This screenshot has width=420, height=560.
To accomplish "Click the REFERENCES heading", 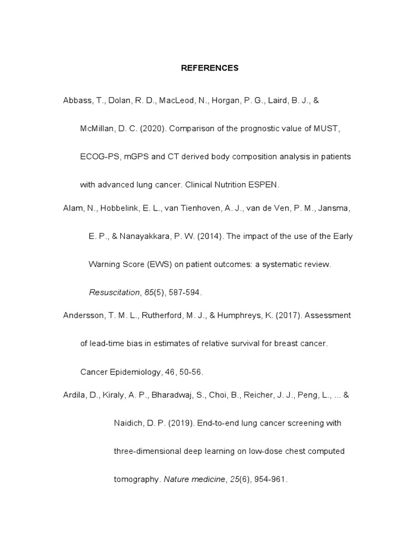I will click(210, 68).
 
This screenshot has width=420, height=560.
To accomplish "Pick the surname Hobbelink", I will click(116, 208).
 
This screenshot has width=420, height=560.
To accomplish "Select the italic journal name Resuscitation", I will click(114, 292).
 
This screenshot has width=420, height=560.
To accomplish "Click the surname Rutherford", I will click(150, 316).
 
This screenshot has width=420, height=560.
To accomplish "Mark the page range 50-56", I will click(190, 372).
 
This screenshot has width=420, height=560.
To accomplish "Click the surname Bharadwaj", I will click(163, 395).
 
